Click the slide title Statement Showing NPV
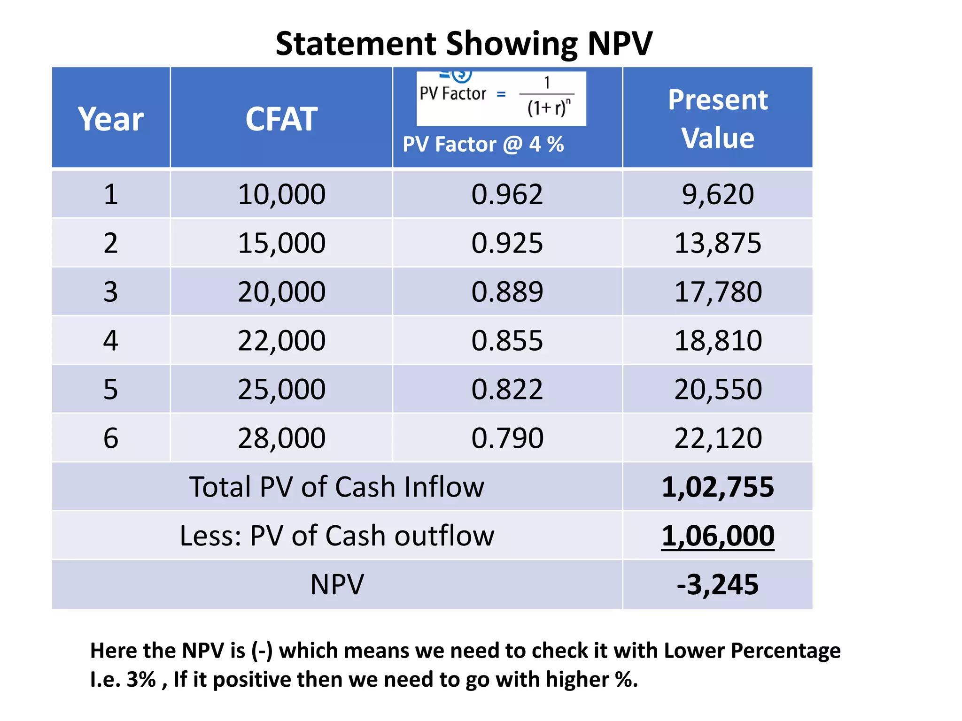tap(464, 44)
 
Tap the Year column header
tap(111, 119)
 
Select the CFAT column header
tap(281, 119)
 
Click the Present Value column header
tap(718, 119)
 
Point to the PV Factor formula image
tap(501, 98)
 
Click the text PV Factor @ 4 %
tap(483, 144)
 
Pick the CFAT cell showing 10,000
tap(281, 194)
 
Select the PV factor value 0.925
tap(507, 243)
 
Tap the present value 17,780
tap(718, 292)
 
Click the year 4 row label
tap(111, 341)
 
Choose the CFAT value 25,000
tap(281, 390)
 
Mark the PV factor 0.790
tap(507, 438)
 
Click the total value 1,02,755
tap(718, 487)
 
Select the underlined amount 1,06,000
tap(718, 536)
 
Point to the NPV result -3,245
tap(718, 585)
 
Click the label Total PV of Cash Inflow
tap(337, 487)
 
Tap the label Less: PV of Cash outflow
tap(337, 536)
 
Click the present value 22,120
tap(718, 438)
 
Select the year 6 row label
tap(111, 438)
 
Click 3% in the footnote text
tap(141, 680)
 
